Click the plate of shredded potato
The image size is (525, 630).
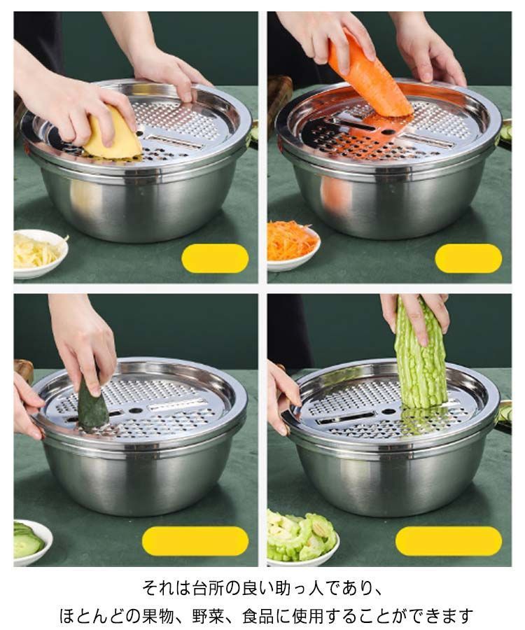point(39,253)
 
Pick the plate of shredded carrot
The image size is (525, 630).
point(293,245)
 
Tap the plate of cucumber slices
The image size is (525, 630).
point(31,542)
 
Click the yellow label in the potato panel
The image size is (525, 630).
point(215,258)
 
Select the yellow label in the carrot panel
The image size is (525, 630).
point(468,258)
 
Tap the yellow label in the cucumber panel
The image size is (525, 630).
point(195,541)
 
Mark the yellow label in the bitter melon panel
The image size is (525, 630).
point(449,541)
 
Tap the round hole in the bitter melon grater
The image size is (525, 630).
point(388,412)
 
